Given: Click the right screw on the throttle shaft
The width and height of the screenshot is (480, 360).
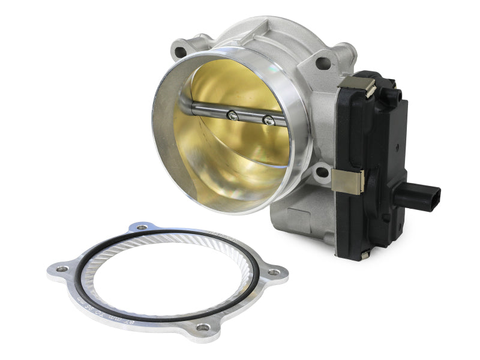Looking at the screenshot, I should pyautogui.click(x=269, y=121).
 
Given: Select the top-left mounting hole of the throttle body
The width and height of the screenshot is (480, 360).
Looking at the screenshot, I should pyautogui.click(x=179, y=51).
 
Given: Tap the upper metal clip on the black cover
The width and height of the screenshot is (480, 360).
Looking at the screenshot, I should pyautogui.click(x=366, y=87).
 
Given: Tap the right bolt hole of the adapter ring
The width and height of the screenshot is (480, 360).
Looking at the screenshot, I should pyautogui.click(x=274, y=272).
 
